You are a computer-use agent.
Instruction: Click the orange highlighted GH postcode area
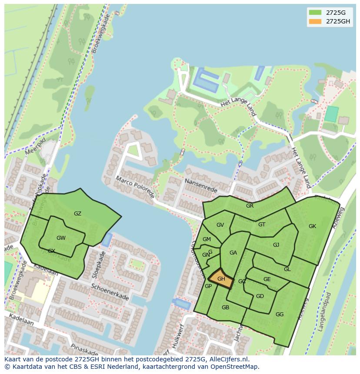tap(221, 279)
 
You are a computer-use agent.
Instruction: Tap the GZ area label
tap(77, 214)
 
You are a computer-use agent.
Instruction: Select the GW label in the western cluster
tap(61, 238)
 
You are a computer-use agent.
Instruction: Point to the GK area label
tap(312, 226)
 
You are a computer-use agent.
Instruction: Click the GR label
tap(250, 206)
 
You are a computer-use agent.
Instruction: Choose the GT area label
tap(262, 225)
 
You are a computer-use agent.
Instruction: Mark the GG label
tap(280, 314)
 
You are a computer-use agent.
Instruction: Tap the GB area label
tap(225, 308)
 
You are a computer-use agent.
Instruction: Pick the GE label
tap(267, 279)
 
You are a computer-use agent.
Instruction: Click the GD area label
tap(260, 296)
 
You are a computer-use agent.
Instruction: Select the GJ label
tap(276, 245)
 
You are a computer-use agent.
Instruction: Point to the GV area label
tap(220, 225)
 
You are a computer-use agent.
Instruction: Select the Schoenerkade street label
tap(110, 292)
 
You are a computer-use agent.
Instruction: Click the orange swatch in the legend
tap(315, 21)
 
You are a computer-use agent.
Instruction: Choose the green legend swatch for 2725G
tap(315, 12)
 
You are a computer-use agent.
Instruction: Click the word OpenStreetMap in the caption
tap(234, 367)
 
